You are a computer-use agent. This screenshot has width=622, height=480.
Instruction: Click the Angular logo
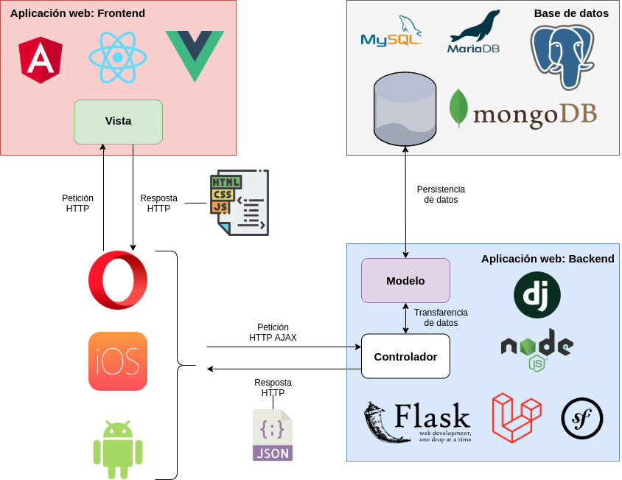pyautogui.click(x=41, y=60)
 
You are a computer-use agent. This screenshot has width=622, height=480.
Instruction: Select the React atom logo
pyautogui.click(x=117, y=57)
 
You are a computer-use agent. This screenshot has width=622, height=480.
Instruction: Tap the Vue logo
pyautogui.click(x=195, y=55)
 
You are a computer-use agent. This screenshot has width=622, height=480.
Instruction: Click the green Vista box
pyautogui.click(x=118, y=122)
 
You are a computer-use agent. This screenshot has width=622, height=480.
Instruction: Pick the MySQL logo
pyautogui.click(x=391, y=32)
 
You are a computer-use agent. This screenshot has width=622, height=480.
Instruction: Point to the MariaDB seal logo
pyautogui.click(x=474, y=32)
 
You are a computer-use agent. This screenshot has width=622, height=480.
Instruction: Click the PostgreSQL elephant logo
pyautogui.click(x=562, y=55)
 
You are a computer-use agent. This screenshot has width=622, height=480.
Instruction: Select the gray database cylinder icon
pyautogui.click(x=405, y=109)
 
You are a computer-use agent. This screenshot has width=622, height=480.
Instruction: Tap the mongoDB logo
pyautogui.click(x=523, y=111)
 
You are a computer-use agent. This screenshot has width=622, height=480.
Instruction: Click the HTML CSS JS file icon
pyautogui.click(x=240, y=202)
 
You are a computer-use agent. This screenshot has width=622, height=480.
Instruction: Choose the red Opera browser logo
pyautogui.click(x=118, y=280)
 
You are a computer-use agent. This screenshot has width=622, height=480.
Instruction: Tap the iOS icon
pyautogui.click(x=118, y=361)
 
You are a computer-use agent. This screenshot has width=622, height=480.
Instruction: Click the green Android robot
pyautogui.click(x=118, y=449)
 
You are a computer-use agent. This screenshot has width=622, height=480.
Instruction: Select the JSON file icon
pyautogui.click(x=273, y=435)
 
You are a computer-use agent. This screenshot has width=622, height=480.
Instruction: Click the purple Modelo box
pyautogui.click(x=405, y=280)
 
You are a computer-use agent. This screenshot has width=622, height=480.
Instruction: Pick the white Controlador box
pyautogui.click(x=405, y=356)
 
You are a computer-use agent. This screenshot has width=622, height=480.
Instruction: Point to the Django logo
pyautogui.click(x=537, y=295)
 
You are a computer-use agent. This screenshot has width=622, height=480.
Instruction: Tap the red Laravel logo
pyautogui.click(x=516, y=418)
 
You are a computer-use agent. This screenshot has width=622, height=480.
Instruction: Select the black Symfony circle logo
pyautogui.click(x=582, y=419)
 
